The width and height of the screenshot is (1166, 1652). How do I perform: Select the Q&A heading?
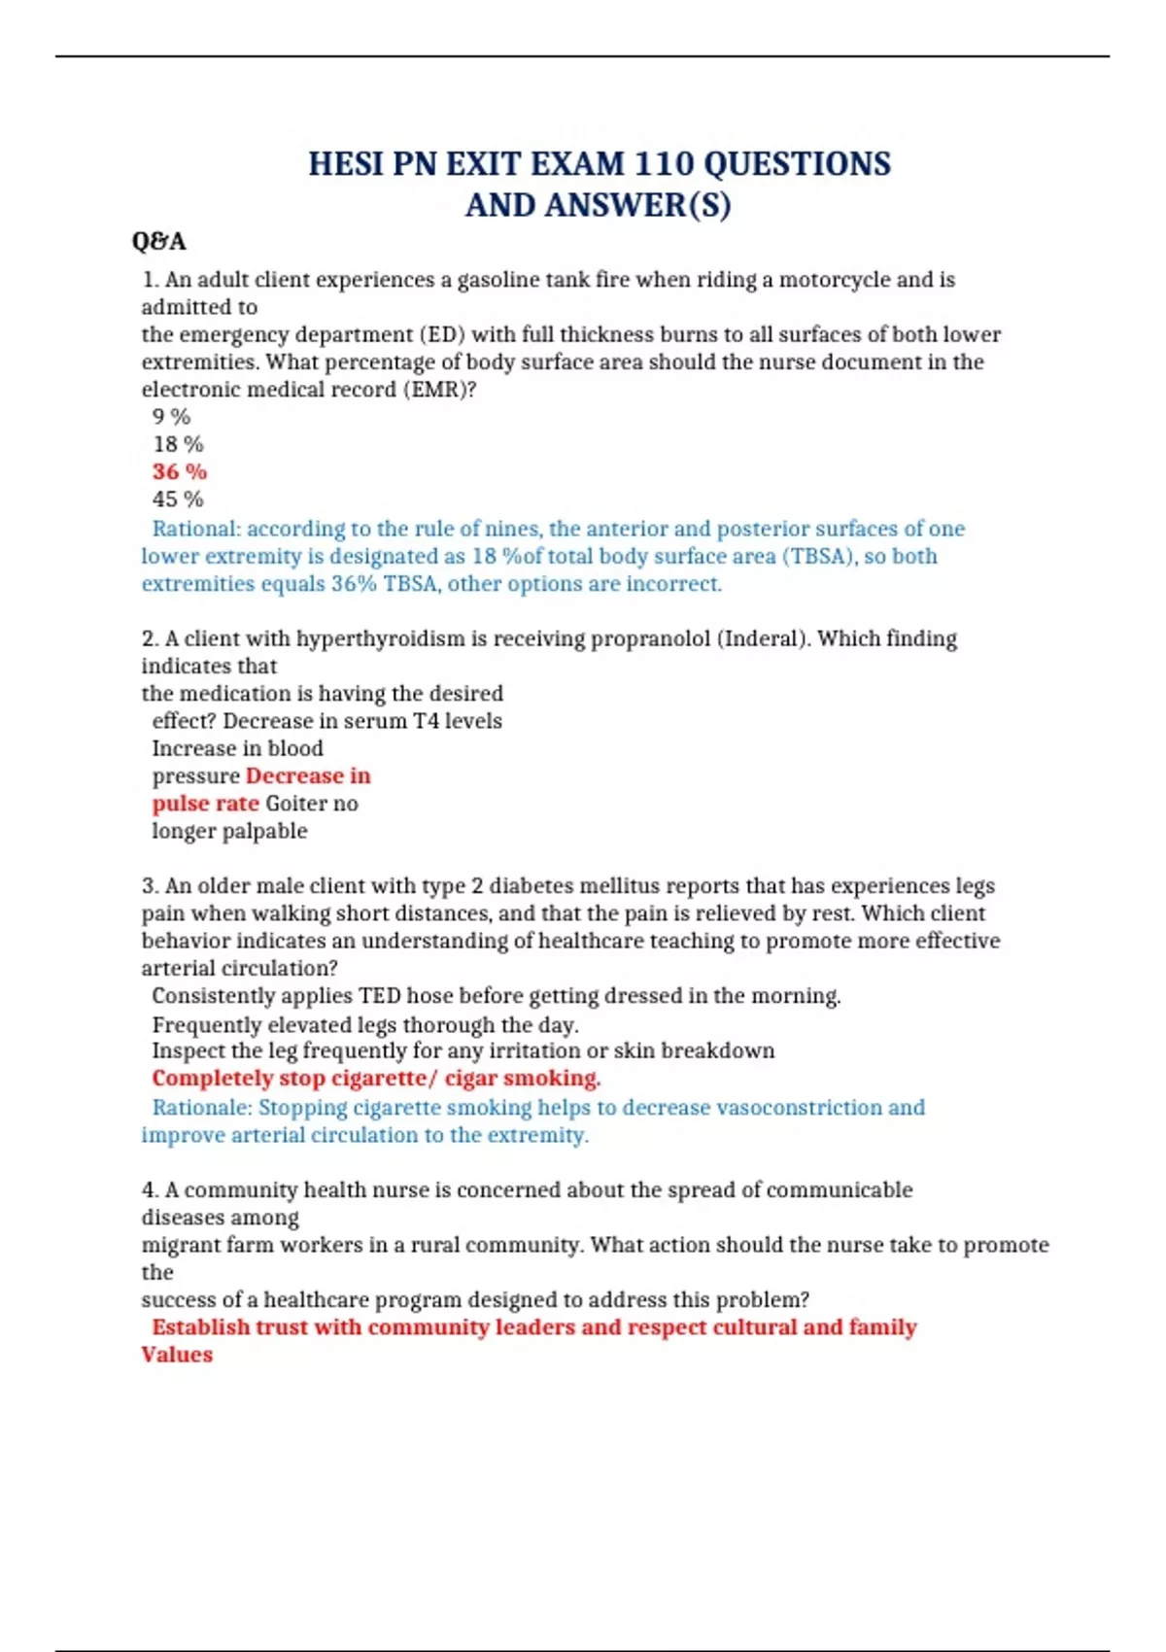158,241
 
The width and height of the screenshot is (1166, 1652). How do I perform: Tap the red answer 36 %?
180,472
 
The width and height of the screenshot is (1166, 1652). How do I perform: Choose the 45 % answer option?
178,499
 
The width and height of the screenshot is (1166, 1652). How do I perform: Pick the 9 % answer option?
171,417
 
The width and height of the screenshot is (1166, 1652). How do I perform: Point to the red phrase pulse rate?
205,804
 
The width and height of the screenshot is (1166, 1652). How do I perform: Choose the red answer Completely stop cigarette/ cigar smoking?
376,1079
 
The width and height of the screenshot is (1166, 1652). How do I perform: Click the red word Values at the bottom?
177,1355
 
